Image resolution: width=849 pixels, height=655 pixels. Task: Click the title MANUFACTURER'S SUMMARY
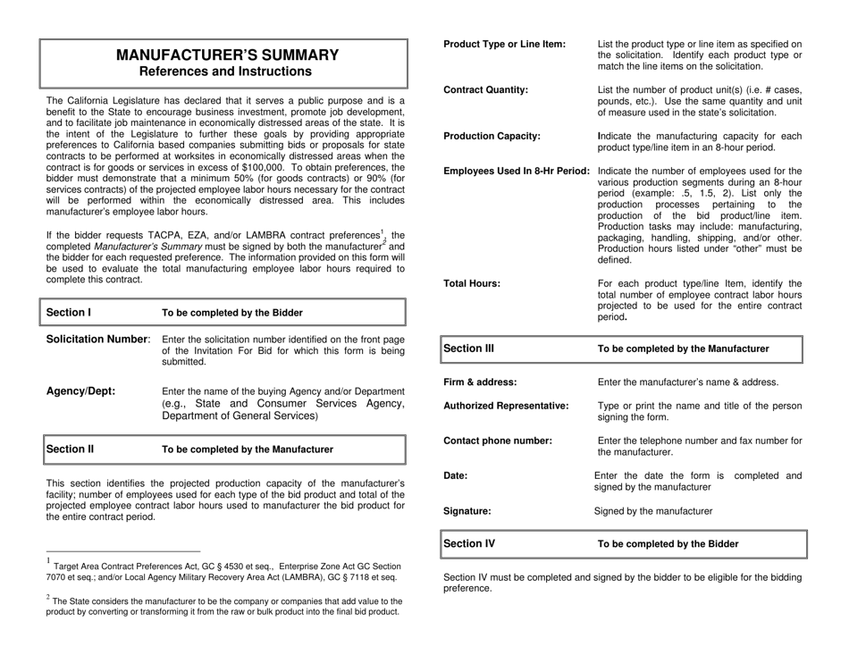point(228,55)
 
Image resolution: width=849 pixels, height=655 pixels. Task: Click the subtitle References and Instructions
point(228,71)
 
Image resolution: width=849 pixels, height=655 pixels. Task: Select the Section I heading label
point(69,313)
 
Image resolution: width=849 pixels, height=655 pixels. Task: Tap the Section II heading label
point(71,449)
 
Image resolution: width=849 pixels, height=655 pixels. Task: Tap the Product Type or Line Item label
point(504,44)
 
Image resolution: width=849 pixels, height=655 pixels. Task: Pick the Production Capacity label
point(492,136)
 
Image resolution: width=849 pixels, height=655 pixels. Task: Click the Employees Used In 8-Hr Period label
point(517,171)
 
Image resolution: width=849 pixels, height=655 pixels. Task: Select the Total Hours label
point(472,283)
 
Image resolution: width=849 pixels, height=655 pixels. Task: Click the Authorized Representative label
point(506,407)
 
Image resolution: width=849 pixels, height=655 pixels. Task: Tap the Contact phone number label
point(498,441)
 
